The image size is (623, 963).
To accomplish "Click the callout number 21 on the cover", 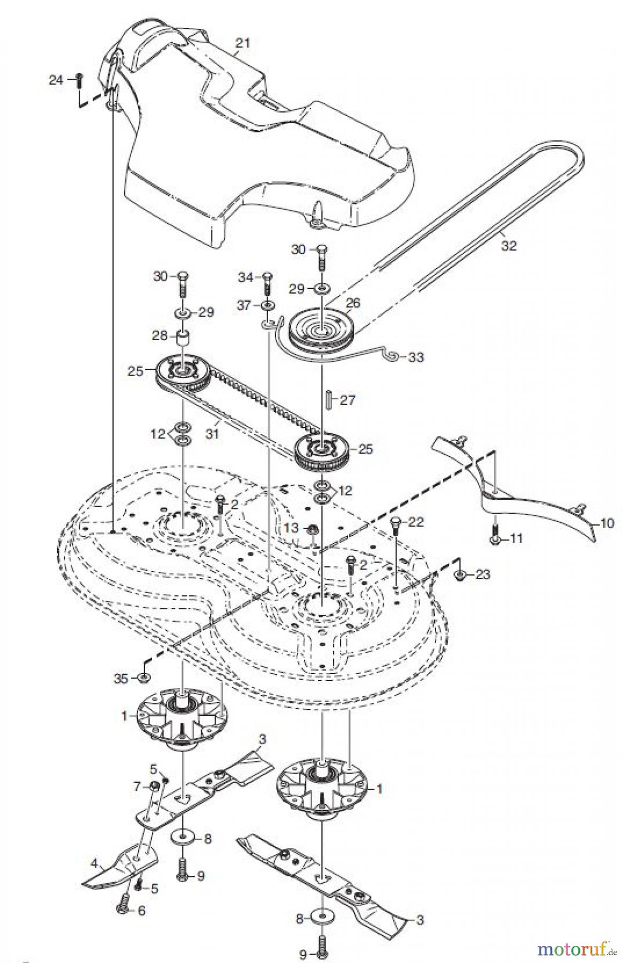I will click(x=243, y=43).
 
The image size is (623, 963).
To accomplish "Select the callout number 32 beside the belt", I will click(x=509, y=246).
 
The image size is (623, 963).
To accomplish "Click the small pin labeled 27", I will click(x=329, y=400).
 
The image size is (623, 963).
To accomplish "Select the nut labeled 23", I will click(x=460, y=575).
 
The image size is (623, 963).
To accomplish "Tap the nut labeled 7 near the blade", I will click(x=153, y=786).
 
